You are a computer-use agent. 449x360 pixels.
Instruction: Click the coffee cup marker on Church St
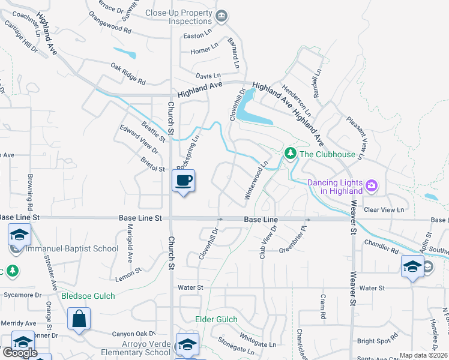tap(184, 180)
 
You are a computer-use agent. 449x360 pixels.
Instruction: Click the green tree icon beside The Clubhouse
tap(291, 154)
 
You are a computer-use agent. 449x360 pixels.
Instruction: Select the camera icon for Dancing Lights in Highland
tap(372, 185)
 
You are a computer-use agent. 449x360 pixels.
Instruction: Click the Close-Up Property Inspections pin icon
tap(221, 16)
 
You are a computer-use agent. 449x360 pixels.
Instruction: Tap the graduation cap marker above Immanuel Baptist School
tap(19, 235)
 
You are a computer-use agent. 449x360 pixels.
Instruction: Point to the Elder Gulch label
tap(216, 319)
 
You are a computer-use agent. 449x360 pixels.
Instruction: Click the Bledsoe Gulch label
tap(87, 296)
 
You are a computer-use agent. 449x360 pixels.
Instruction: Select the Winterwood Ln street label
tap(256, 180)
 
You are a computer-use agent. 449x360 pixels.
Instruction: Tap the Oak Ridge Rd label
tap(128, 73)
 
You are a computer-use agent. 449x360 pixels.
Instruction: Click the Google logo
tap(20, 353)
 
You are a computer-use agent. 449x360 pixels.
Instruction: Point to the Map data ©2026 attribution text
tap(423, 355)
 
